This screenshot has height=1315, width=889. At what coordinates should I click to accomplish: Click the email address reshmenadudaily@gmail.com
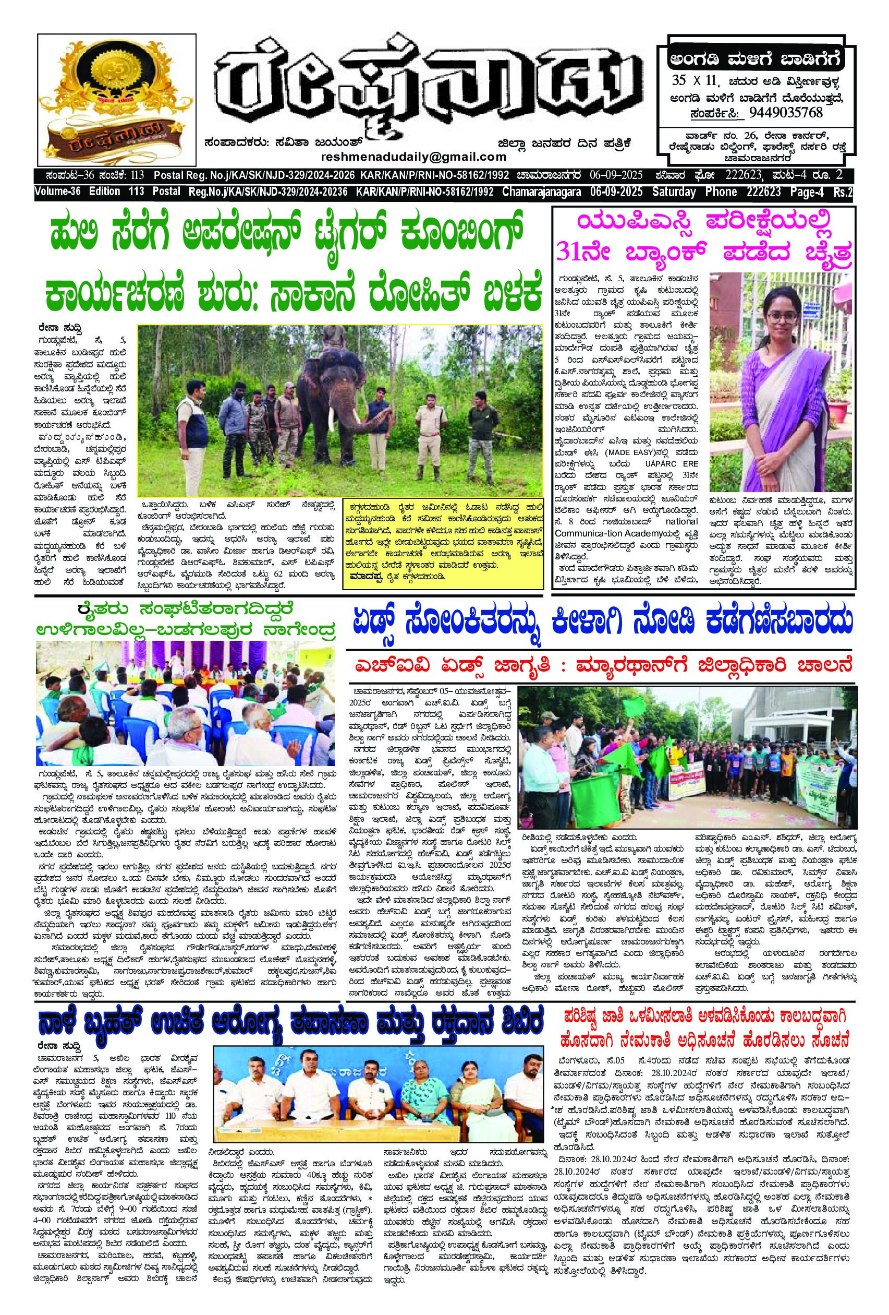click(x=414, y=156)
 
